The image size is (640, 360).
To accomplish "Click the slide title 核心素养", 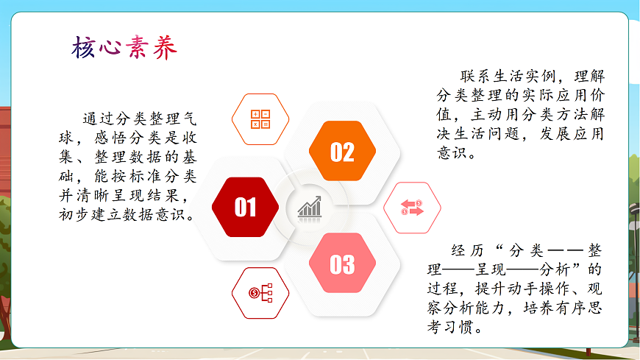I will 124,49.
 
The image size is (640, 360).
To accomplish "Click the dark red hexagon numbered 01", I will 245,208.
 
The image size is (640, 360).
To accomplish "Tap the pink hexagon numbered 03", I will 342,264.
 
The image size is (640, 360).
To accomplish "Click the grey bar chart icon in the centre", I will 310,207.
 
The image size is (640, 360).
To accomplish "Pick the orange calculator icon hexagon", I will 260,119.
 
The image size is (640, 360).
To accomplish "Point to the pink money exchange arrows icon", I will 412,208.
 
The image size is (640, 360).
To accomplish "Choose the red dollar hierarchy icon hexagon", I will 260,293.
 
